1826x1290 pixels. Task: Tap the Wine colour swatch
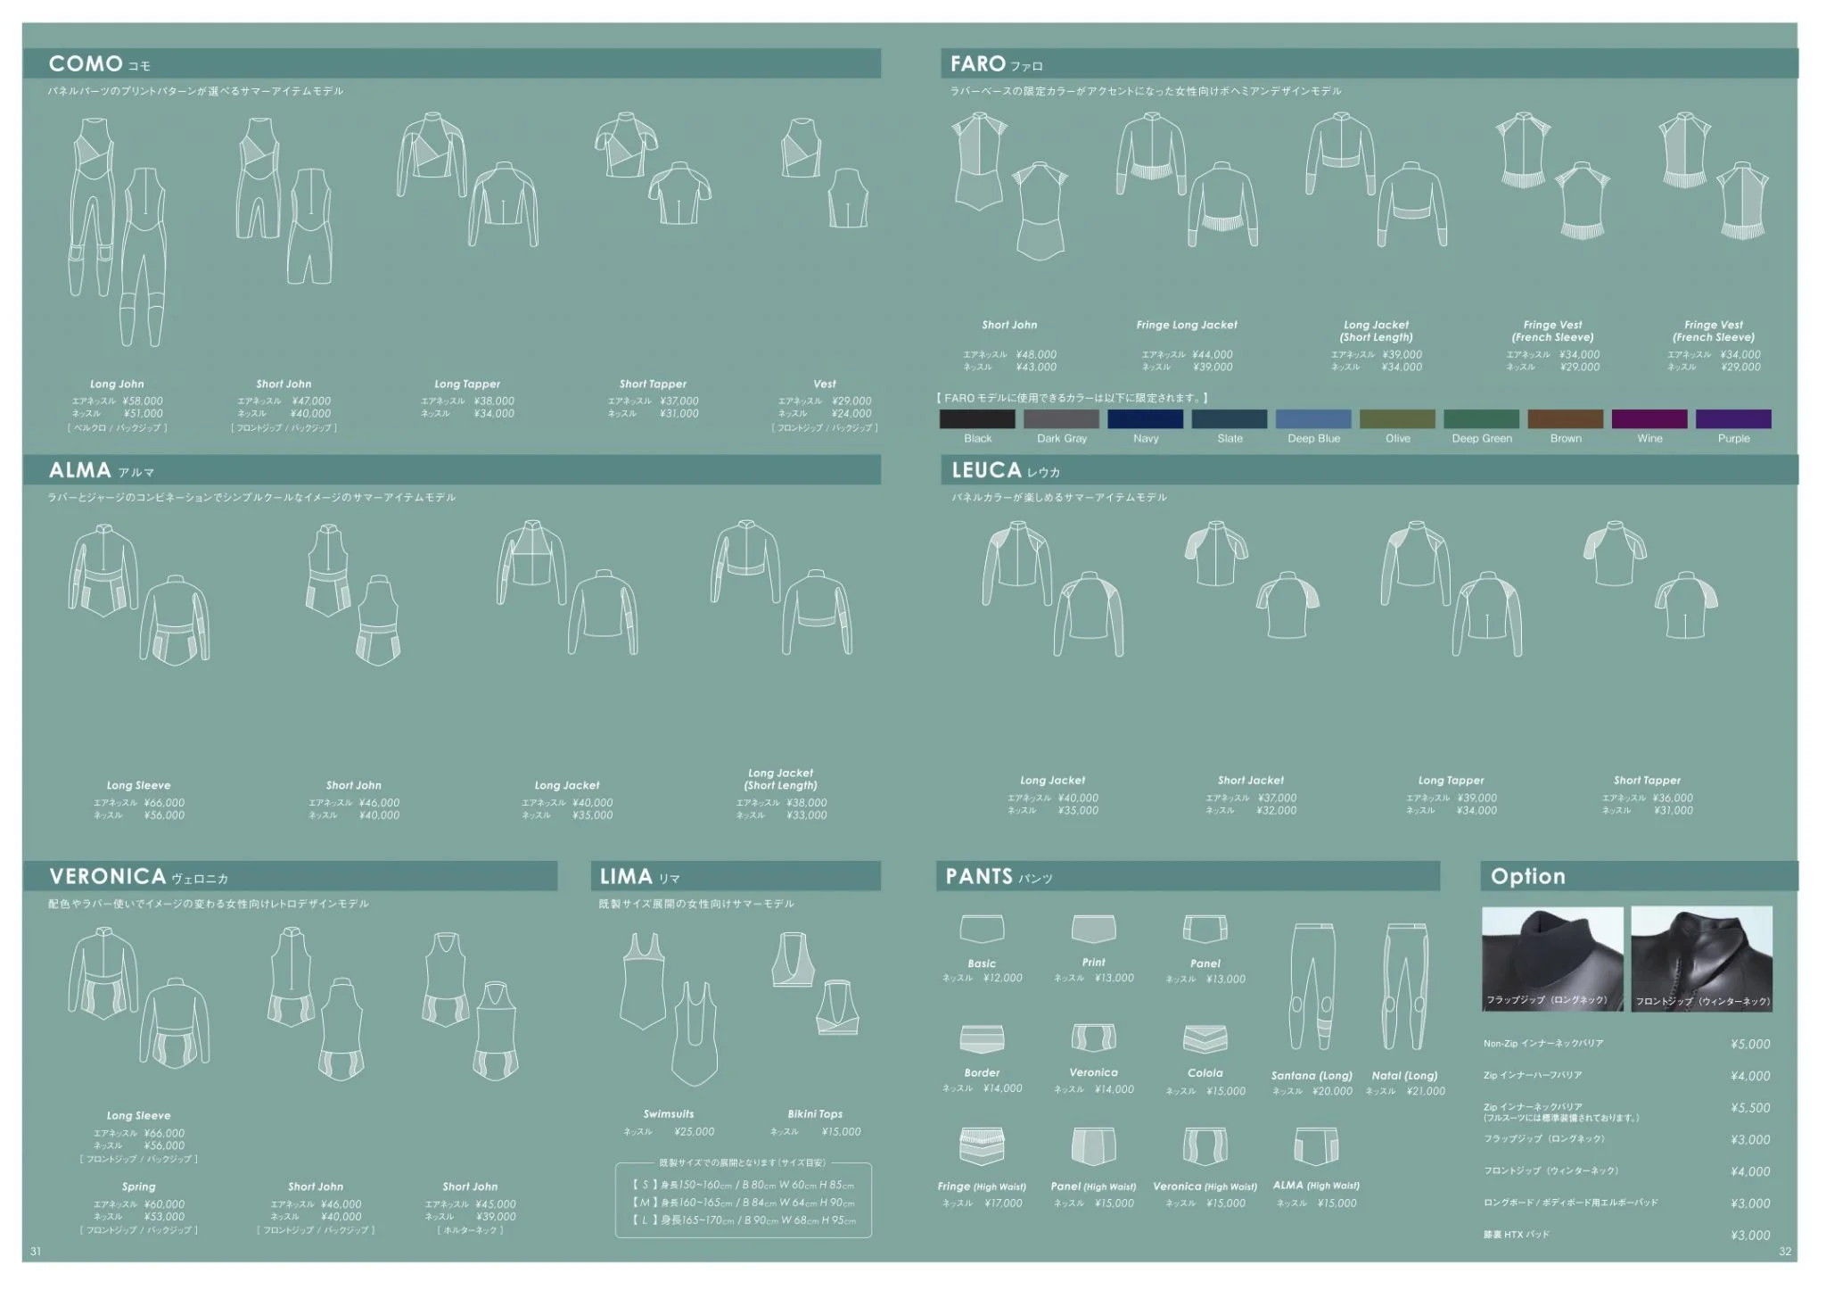tap(1649, 419)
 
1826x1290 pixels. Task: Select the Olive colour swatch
tap(1397, 419)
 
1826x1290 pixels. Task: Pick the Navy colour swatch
tap(1145, 419)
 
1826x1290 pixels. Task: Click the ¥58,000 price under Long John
tap(143, 401)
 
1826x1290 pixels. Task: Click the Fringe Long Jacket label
tap(1186, 326)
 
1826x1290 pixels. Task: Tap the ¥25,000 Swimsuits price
tap(695, 1132)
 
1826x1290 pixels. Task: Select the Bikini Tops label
tap(815, 1114)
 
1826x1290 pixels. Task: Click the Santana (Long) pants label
tap(1312, 1076)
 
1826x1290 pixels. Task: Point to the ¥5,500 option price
tap(1750, 1108)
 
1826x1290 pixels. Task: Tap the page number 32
tap(1785, 1252)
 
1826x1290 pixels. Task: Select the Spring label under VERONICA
tap(139, 1187)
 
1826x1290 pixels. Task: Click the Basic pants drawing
tap(982, 929)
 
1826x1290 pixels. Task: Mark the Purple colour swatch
tap(1732, 419)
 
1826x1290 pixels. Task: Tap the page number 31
tap(36, 1252)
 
